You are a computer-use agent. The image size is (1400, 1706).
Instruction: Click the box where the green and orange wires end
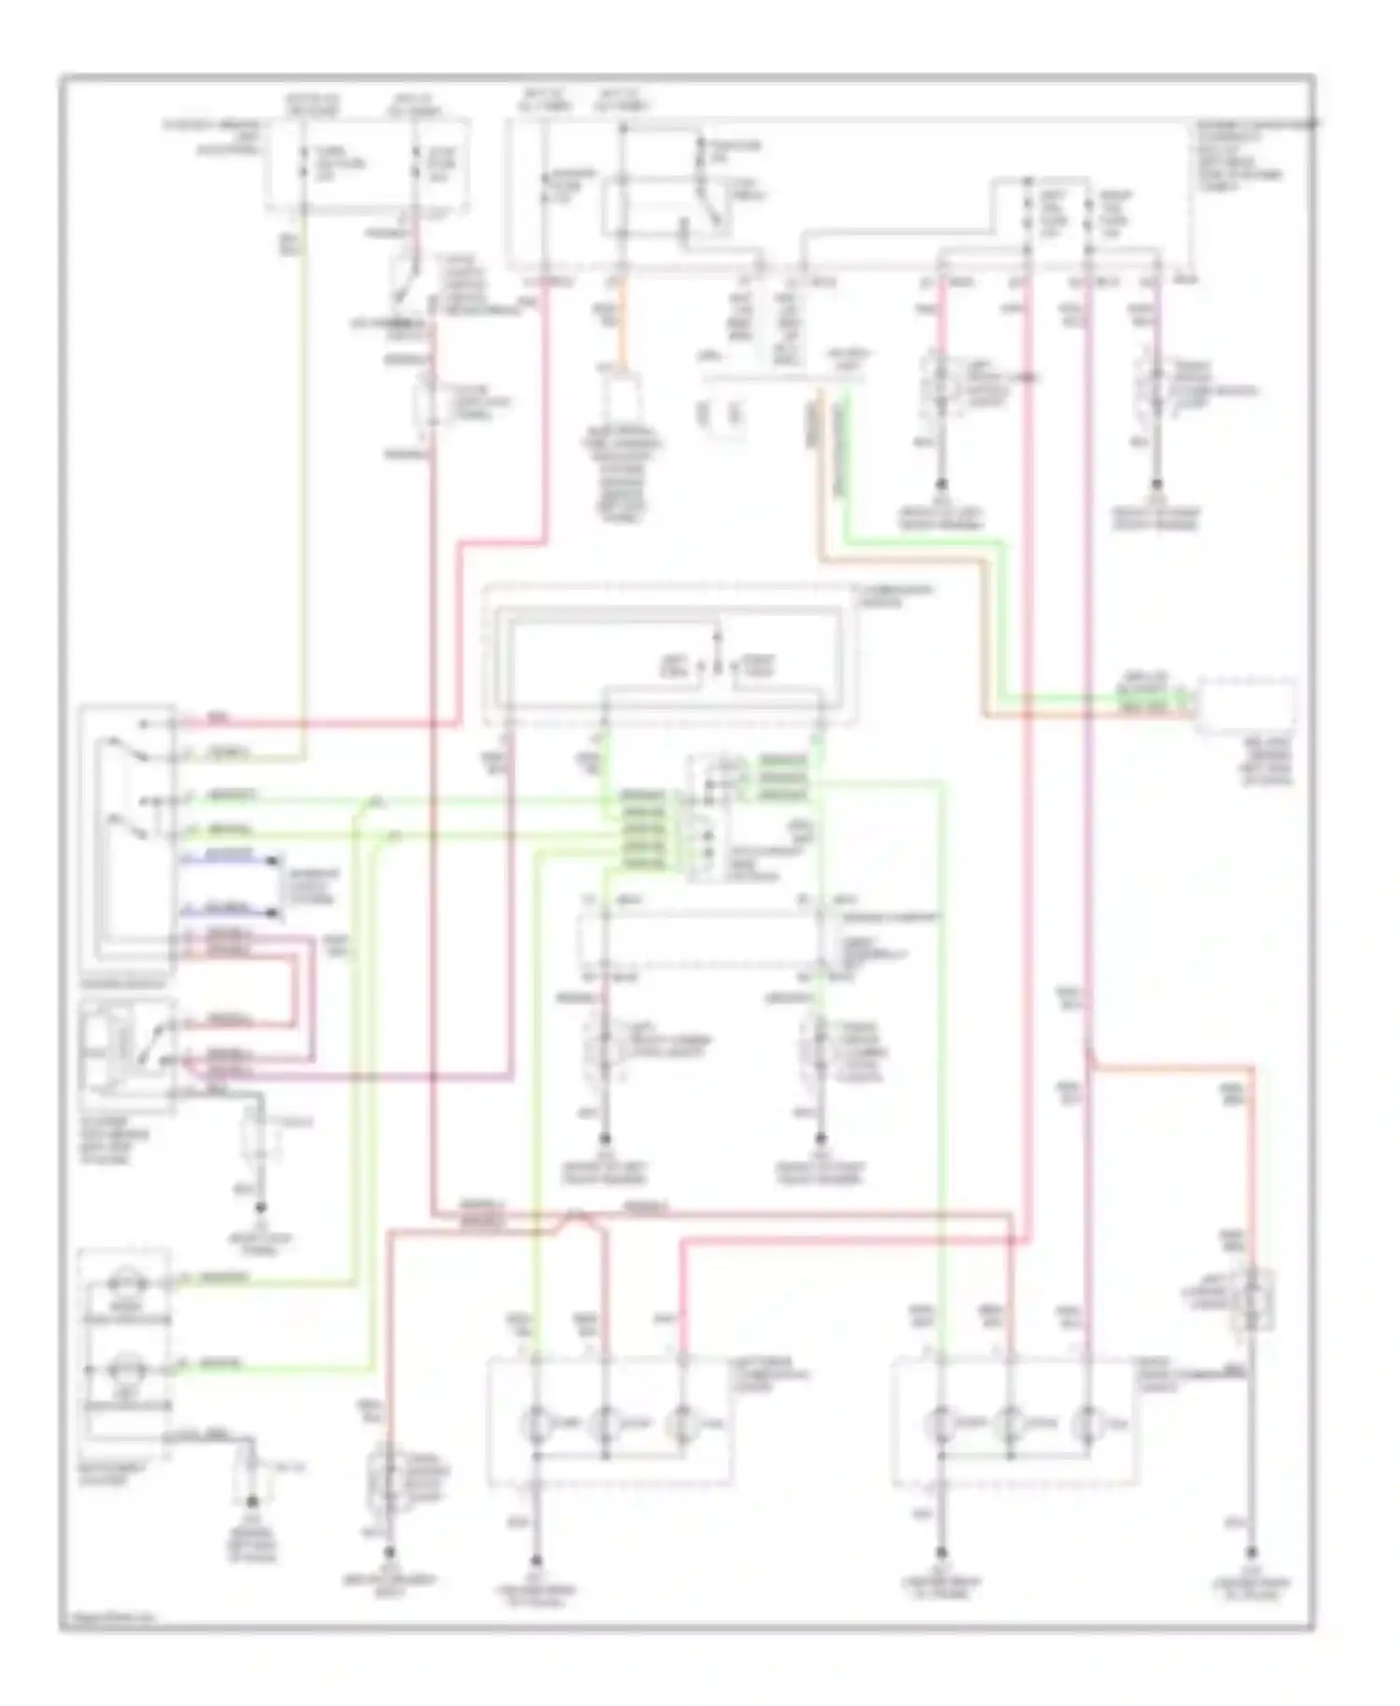pos(1246,707)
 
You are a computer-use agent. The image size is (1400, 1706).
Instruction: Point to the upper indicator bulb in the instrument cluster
pos(124,1285)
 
